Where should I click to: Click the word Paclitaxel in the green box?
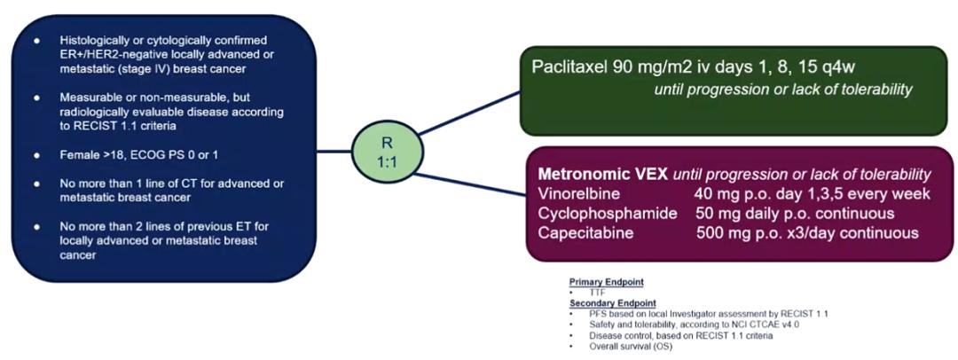pyautogui.click(x=569, y=67)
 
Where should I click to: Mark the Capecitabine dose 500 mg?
pyautogui.click(x=721, y=233)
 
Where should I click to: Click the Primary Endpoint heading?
pyautogui.click(x=606, y=281)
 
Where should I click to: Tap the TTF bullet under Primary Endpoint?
pyautogui.click(x=597, y=291)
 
